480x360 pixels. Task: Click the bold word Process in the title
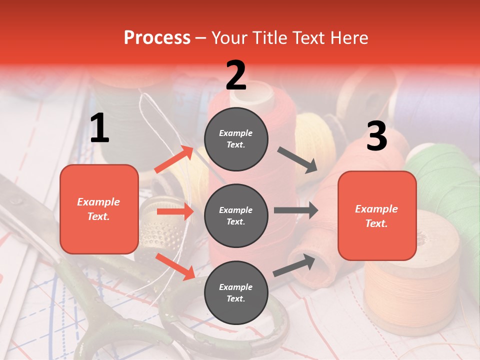pos(157,37)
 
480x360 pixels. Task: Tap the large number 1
pos(99,128)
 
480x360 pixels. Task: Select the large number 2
pos(236,75)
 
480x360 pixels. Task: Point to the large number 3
pos(376,136)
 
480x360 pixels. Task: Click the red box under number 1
pos(99,209)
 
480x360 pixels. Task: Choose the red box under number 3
pos(377,215)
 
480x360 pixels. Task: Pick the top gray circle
pos(236,138)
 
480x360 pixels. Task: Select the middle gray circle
pos(236,215)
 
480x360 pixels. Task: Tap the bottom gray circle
pos(236,292)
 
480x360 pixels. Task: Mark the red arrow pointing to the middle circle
pos(175,212)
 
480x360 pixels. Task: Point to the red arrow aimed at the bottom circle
pos(175,266)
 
